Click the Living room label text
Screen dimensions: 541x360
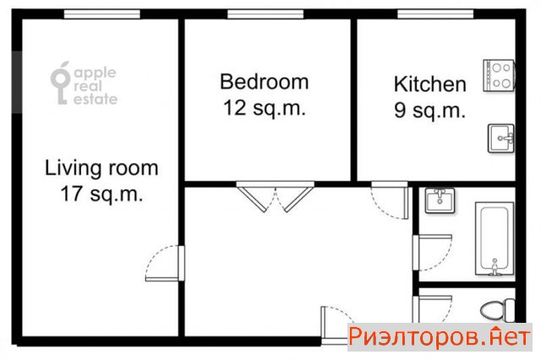pos(101,168)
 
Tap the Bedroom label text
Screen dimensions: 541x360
pos(265,82)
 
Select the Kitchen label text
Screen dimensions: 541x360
pos(430,85)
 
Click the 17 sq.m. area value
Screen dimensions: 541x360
pos(101,194)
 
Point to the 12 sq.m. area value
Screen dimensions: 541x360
pos(265,108)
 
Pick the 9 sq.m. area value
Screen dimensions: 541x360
pos(430,111)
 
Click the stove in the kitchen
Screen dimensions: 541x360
pos(499,75)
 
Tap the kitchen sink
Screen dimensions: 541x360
pos(501,139)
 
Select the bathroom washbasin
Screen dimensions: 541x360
pos(440,200)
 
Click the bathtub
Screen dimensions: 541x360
pos(495,238)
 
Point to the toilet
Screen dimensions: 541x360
pos(498,310)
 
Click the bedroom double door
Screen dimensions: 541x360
pos(276,197)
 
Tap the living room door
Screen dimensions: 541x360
pos(165,264)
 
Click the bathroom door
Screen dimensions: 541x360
pos(433,253)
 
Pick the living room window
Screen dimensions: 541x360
pos(102,14)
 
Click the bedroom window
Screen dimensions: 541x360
pos(265,14)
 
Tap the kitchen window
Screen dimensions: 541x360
pos(435,14)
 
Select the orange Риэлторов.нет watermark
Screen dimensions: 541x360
pos(440,336)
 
